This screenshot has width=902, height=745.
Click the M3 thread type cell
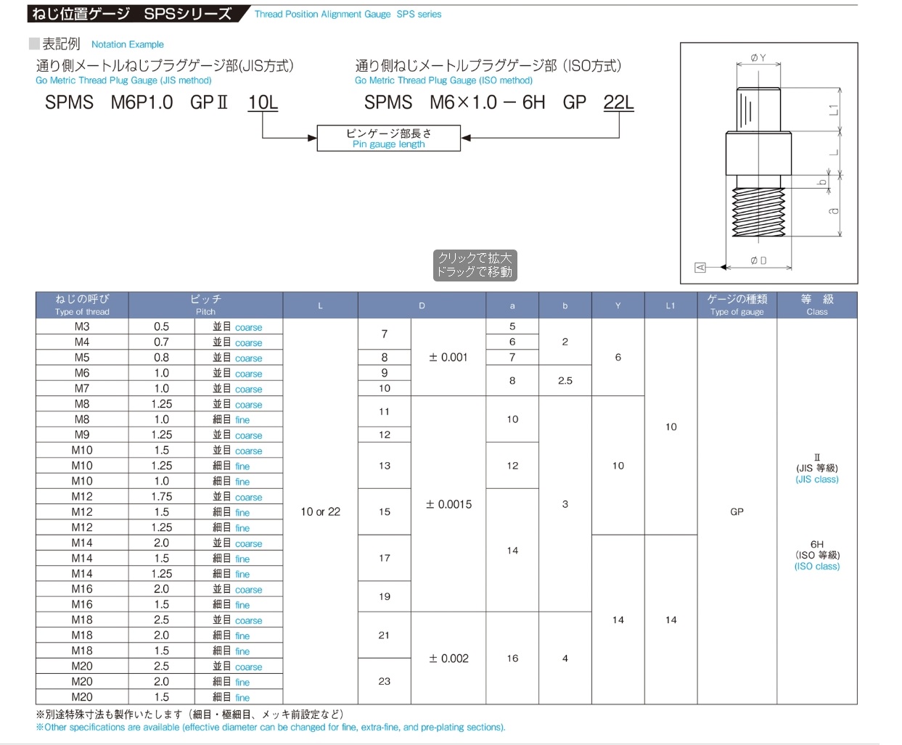[82, 326]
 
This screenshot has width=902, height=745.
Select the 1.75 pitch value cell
[161, 496]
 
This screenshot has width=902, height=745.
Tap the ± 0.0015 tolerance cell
[448, 504]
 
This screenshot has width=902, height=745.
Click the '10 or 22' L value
[320, 511]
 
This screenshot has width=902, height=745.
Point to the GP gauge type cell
[737, 511]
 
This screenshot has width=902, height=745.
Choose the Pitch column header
[205, 305]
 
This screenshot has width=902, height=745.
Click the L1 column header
[671, 305]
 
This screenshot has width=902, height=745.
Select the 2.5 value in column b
[565, 381]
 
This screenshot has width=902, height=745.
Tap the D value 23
[384, 681]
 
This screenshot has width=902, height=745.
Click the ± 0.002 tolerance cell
[448, 658]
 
